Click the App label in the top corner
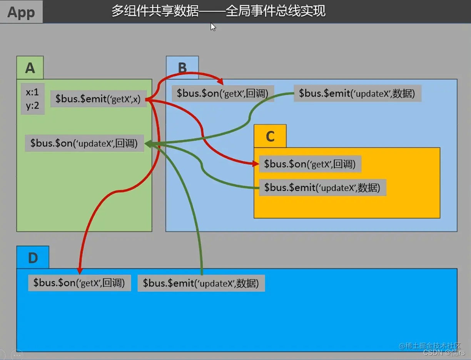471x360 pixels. [21, 12]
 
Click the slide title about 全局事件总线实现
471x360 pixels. [218, 11]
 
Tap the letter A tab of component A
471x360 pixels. [30, 68]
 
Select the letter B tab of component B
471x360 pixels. [182, 68]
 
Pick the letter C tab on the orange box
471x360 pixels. [270, 136]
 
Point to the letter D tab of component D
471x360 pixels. [33, 258]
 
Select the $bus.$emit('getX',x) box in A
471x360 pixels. [98, 99]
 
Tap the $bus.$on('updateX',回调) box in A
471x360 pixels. [84, 143]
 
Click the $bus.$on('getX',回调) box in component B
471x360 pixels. [223, 94]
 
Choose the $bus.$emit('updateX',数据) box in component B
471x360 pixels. [357, 94]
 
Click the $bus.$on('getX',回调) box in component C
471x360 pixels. [310, 164]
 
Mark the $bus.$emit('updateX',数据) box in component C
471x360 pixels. [322, 188]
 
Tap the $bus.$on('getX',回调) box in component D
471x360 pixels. [79, 283]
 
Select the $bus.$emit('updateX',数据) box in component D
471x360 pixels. [201, 283]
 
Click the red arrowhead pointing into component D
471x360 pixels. [80, 270]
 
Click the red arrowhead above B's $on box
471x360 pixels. [220, 82]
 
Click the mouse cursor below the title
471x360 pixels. [213, 27]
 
